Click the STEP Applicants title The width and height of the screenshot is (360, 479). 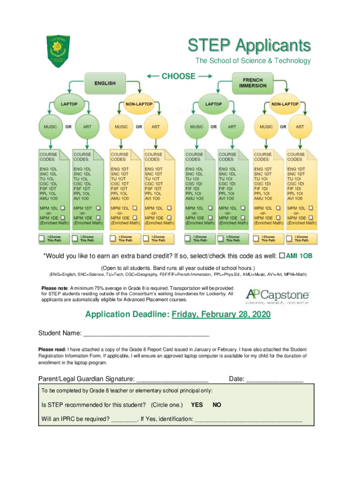click(x=249, y=46)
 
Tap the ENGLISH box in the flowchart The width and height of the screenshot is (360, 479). click(x=105, y=83)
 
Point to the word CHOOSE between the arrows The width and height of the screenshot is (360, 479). click(x=179, y=76)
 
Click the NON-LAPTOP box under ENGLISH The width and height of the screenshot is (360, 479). click(x=138, y=104)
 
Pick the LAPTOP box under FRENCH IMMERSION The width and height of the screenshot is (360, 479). click(x=214, y=104)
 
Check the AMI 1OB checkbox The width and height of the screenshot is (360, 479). click(x=282, y=256)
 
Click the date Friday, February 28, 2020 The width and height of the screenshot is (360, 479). click(x=221, y=315)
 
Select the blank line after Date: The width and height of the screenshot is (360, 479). click(x=275, y=379)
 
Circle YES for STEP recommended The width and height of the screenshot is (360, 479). click(x=197, y=405)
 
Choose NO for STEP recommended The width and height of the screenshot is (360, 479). click(x=217, y=405)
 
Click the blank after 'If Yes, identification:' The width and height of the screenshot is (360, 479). click(x=248, y=420)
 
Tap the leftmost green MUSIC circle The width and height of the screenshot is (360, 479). click(x=50, y=127)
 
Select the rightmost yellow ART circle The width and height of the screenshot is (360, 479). click(x=300, y=127)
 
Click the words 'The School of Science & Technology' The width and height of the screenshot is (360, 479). click(x=253, y=61)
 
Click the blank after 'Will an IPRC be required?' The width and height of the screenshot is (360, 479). click(x=124, y=420)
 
